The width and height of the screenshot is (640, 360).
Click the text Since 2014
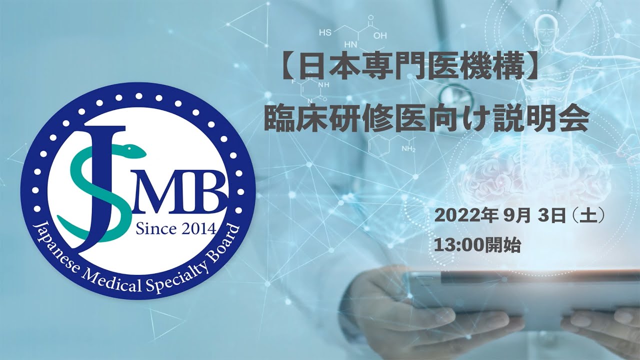tap(175, 229)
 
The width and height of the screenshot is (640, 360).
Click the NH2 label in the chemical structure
tap(408, 149)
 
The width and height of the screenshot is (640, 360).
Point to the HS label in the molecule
tap(325, 33)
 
